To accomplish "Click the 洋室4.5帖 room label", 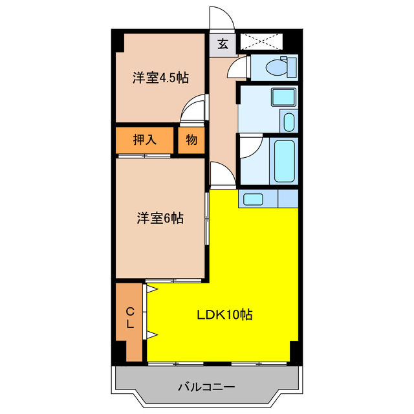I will coord(160,78).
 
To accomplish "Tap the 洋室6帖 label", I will coord(160,219).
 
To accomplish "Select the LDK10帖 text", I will coord(224,315).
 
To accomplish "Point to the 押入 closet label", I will coord(144,140).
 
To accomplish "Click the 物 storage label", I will coord(191,140).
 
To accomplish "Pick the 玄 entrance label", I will coord(222,44).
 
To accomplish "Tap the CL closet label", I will coord(129,318).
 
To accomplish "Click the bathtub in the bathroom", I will coord(284,161).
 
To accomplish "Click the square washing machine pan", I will coord(283,98).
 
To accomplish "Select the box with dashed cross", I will coord(262,42).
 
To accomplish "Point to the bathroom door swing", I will coord(249,146).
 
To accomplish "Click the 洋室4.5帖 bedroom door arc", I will coord(193,109).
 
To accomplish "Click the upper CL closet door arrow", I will coord(151,290).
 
